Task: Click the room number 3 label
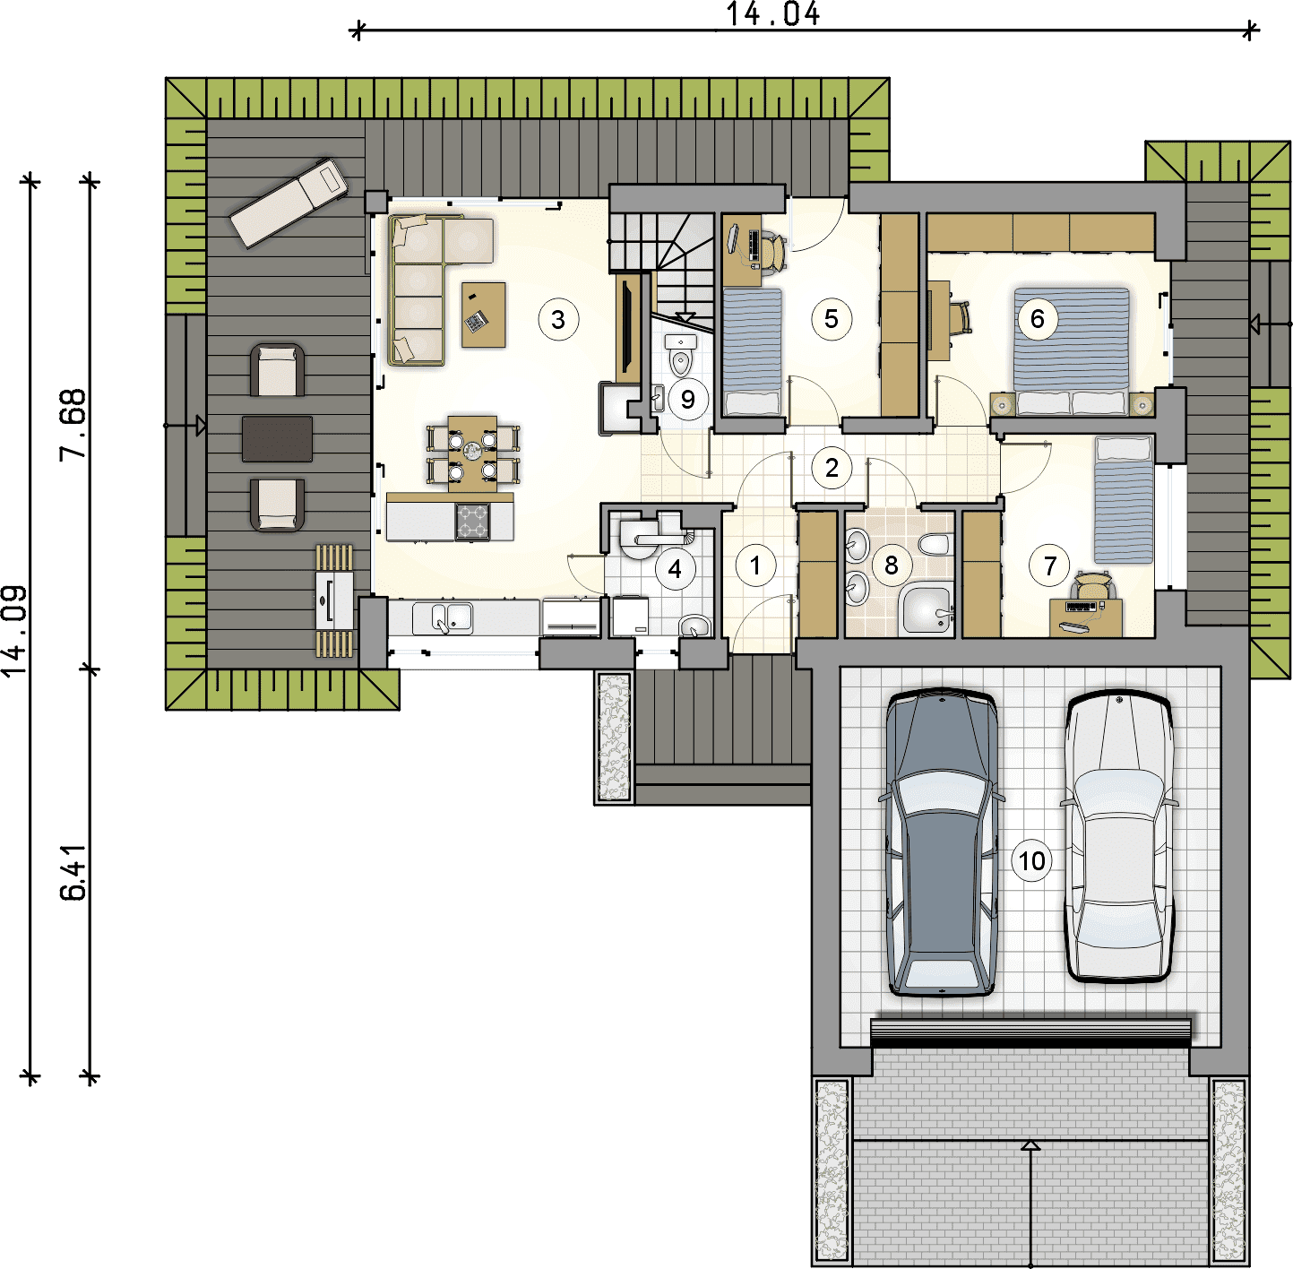558,320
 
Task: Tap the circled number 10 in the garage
1032,860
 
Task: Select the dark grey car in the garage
942,843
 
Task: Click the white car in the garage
1119,838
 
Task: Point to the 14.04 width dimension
773,13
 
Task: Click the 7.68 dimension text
73,424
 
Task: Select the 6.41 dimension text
73,872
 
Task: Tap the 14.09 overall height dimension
13,631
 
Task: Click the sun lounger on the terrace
289,203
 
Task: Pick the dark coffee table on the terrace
277,439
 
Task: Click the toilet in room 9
681,356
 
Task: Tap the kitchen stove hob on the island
472,522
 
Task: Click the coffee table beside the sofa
484,315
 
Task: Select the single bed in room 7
1124,500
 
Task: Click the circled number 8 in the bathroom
891,565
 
